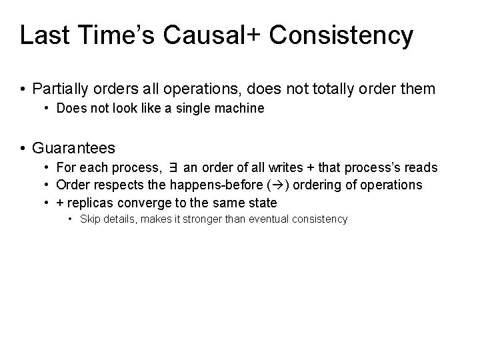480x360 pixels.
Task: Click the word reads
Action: tap(421, 167)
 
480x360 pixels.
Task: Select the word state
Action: tap(263, 202)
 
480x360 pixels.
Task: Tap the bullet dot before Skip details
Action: tap(72, 219)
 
